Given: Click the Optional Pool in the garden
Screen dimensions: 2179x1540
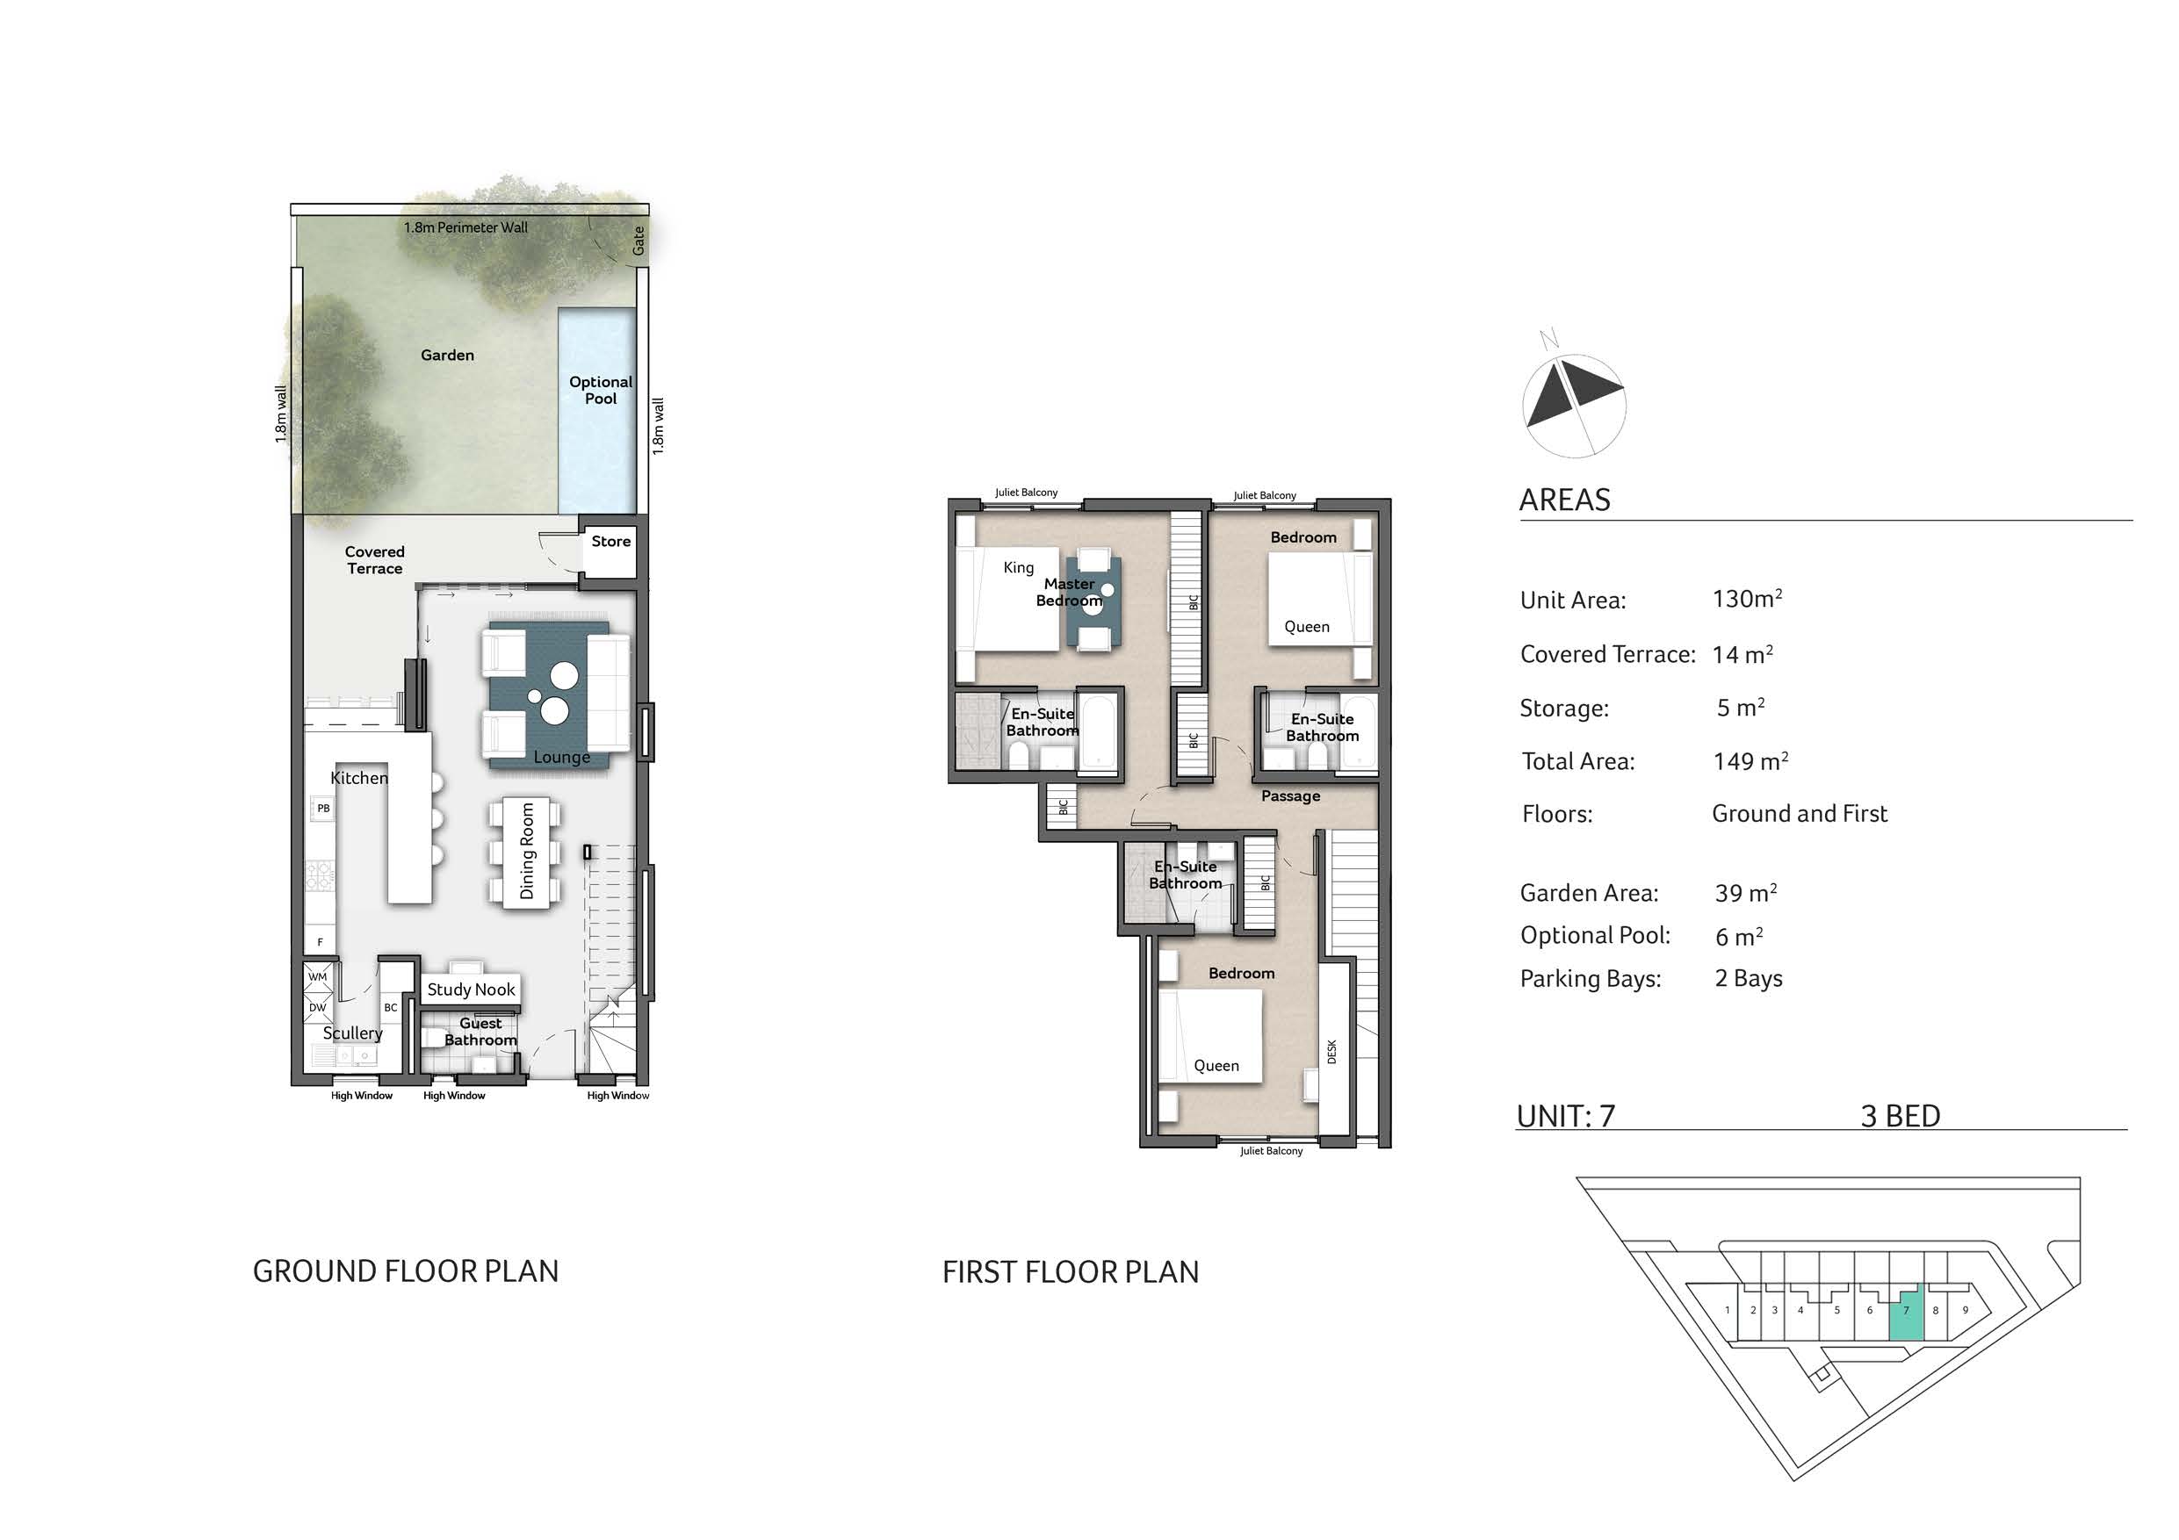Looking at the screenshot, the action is click(597, 410).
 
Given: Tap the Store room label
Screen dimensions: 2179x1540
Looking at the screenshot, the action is click(611, 542).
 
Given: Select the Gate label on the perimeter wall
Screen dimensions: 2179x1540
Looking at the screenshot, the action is click(639, 240).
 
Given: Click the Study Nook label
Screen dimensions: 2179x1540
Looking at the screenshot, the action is click(471, 989).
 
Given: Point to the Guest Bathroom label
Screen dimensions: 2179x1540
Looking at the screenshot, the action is click(481, 1033).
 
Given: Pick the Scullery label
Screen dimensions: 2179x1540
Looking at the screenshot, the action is click(352, 1033).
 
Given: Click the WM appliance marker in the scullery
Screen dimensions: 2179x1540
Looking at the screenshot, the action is click(317, 976).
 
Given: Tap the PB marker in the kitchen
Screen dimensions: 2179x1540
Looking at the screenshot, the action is click(323, 809).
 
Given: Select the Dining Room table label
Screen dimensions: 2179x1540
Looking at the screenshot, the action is click(528, 851).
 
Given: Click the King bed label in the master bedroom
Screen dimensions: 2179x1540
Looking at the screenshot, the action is click(1018, 567).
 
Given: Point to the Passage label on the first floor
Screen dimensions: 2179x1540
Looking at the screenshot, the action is click(1291, 796).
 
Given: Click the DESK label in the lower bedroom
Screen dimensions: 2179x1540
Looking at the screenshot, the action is click(1331, 1051).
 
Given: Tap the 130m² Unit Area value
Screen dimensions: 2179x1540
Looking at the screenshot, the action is click(1747, 599).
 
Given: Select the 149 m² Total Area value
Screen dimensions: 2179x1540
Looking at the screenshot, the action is click(1750, 761).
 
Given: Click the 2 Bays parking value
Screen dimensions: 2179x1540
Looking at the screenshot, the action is click(1748, 978).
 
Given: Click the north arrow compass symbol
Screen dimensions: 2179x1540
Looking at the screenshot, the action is click(1574, 398).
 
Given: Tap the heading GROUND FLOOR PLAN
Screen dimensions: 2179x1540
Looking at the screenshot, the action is click(405, 1271).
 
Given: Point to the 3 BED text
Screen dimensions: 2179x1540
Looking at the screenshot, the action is click(1900, 1116).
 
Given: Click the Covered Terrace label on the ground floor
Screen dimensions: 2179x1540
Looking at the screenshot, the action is click(375, 560).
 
